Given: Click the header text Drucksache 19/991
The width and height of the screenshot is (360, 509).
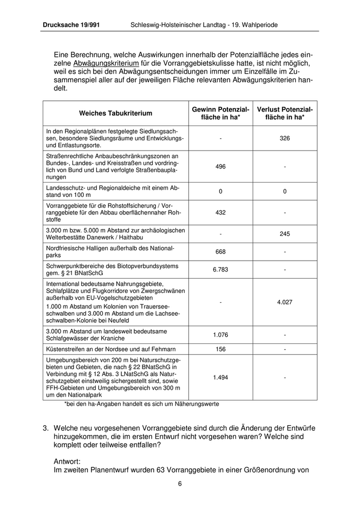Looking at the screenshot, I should coord(71,24).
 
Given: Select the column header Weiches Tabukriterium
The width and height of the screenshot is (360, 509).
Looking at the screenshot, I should coord(115,113).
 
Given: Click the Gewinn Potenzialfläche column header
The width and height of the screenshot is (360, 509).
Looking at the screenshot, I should coord(220,113).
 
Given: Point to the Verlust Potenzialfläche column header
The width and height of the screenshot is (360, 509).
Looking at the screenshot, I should coord(284,113).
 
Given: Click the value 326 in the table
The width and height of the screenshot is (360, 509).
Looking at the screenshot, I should coord(284,138).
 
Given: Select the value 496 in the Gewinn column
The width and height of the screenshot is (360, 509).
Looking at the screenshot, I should coord(220,167).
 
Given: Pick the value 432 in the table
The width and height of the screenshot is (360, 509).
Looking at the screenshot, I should coord(220,212).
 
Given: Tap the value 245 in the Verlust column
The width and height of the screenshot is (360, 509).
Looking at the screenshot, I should coord(284,233).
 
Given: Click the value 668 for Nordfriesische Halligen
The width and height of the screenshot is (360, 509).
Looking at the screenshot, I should coord(220,251).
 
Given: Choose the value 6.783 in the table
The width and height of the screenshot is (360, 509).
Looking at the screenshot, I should coord(220,269).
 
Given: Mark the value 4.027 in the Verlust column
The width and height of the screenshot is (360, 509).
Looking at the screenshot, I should coord(284,302).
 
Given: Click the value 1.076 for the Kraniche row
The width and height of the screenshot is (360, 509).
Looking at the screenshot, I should coord(220,335).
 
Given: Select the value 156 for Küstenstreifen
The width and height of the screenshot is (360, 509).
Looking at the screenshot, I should coord(220,349).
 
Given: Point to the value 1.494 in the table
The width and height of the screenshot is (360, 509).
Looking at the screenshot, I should coord(220,377).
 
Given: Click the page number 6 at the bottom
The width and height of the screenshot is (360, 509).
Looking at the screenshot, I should coord(180,484).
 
